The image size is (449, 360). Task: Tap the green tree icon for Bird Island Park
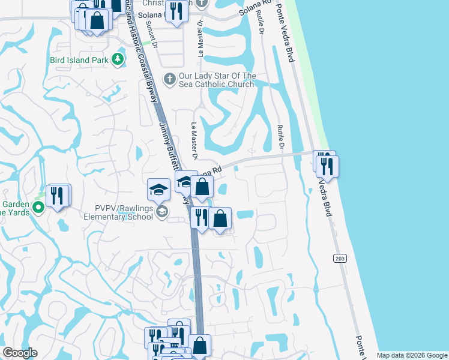[x=119, y=59]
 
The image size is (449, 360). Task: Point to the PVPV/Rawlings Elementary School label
[x=118, y=213]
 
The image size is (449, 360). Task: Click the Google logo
[x=20, y=353]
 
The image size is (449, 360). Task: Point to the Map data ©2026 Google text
[x=412, y=355]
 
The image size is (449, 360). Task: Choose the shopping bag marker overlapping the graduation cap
[x=202, y=187]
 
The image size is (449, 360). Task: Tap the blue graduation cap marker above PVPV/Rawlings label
[x=158, y=190]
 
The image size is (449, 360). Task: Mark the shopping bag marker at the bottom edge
[x=200, y=346]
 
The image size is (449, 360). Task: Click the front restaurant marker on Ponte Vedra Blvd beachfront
[x=328, y=166]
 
